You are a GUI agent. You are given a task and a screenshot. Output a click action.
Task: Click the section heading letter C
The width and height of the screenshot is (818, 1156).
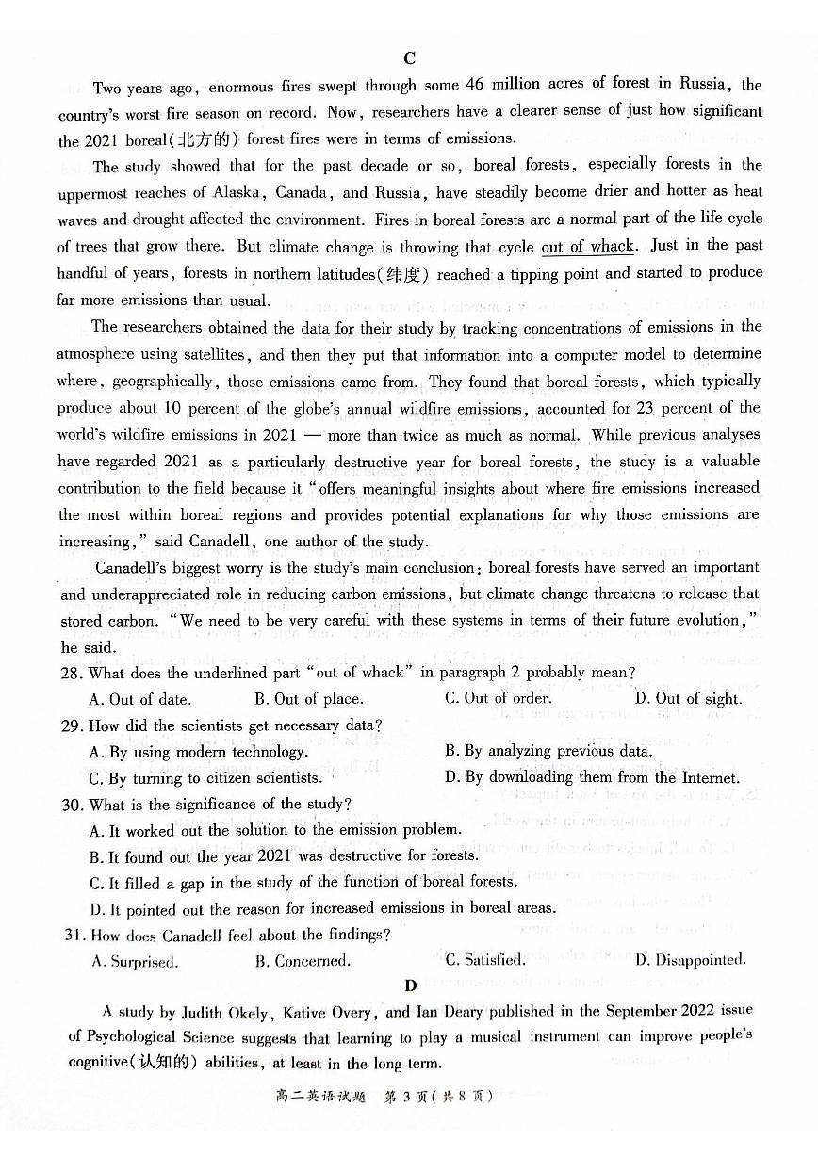pos(409,58)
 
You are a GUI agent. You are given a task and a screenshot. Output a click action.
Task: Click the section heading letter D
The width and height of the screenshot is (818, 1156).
pos(410,986)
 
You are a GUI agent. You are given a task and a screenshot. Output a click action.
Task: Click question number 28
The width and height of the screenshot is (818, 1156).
pos(71,673)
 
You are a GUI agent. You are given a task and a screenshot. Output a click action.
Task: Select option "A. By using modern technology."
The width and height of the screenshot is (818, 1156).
pos(198,752)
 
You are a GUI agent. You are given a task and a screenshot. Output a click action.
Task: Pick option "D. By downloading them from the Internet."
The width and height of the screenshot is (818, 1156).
pos(592,778)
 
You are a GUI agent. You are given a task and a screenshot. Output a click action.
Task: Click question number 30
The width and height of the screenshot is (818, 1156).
pos(71,805)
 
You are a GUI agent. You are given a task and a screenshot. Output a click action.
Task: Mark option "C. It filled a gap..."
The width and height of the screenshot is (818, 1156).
pos(303,883)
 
